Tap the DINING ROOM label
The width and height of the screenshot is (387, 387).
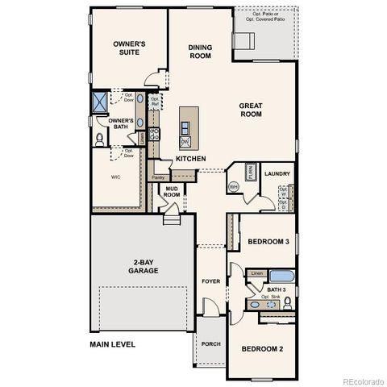[x=200, y=52]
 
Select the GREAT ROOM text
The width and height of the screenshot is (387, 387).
[x=252, y=110]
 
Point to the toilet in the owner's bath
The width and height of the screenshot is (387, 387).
[x=99, y=139]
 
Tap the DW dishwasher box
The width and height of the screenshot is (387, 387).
[x=185, y=141]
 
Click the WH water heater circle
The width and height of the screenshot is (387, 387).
[x=234, y=187]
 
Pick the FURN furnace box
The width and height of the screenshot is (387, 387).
[x=251, y=173]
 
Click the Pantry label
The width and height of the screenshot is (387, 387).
[x=159, y=177]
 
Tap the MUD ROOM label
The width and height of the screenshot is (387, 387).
[x=172, y=191]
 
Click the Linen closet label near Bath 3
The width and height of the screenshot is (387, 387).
[x=256, y=274]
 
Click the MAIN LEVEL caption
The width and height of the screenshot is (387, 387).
[x=112, y=344]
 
